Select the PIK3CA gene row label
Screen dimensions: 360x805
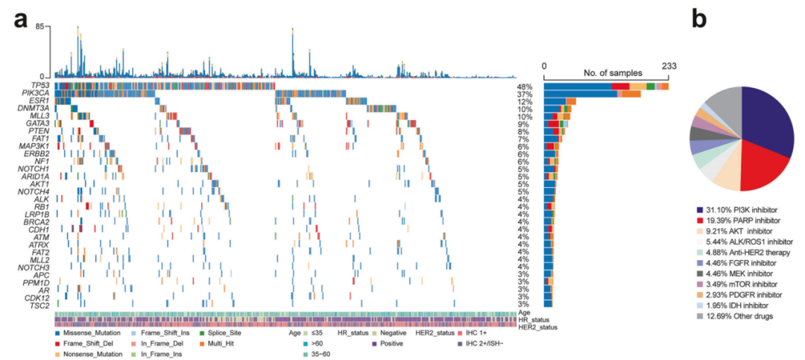pos(40,92)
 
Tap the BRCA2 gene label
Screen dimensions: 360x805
pos(40,222)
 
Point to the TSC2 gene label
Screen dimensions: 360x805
pos(42,305)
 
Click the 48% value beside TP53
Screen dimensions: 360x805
pos(524,86)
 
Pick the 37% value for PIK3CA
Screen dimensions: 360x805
pos(524,92)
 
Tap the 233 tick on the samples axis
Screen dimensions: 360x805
pos(667,66)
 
